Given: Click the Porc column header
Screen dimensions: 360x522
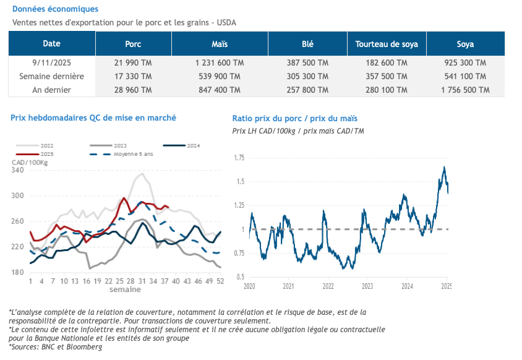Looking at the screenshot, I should point(133,44).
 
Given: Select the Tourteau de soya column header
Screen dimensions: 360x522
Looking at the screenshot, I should point(387,44).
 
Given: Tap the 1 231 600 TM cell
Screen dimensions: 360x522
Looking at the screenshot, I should point(220,63).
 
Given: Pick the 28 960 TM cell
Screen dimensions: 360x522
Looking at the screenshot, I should point(133,90).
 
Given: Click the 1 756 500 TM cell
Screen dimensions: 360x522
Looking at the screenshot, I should point(465,90).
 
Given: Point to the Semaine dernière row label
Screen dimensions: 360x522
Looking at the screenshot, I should point(51,76).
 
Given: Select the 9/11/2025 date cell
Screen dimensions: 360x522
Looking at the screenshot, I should point(51,63).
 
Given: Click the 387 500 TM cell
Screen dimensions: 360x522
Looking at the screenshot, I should point(308,63).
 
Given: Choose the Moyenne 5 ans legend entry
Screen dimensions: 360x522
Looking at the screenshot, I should point(133,153).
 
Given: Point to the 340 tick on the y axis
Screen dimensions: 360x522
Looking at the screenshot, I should point(17,170).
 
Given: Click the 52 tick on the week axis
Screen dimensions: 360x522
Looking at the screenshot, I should point(220,281).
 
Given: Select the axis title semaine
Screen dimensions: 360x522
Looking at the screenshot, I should point(125,289).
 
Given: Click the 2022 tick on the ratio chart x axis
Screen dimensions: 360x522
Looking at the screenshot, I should point(328,286).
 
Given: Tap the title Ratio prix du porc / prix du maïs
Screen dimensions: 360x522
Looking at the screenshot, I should point(295,118).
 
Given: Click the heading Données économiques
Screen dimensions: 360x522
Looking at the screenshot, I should point(55,9).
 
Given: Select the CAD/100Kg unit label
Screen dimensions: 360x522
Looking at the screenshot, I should point(30,162).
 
